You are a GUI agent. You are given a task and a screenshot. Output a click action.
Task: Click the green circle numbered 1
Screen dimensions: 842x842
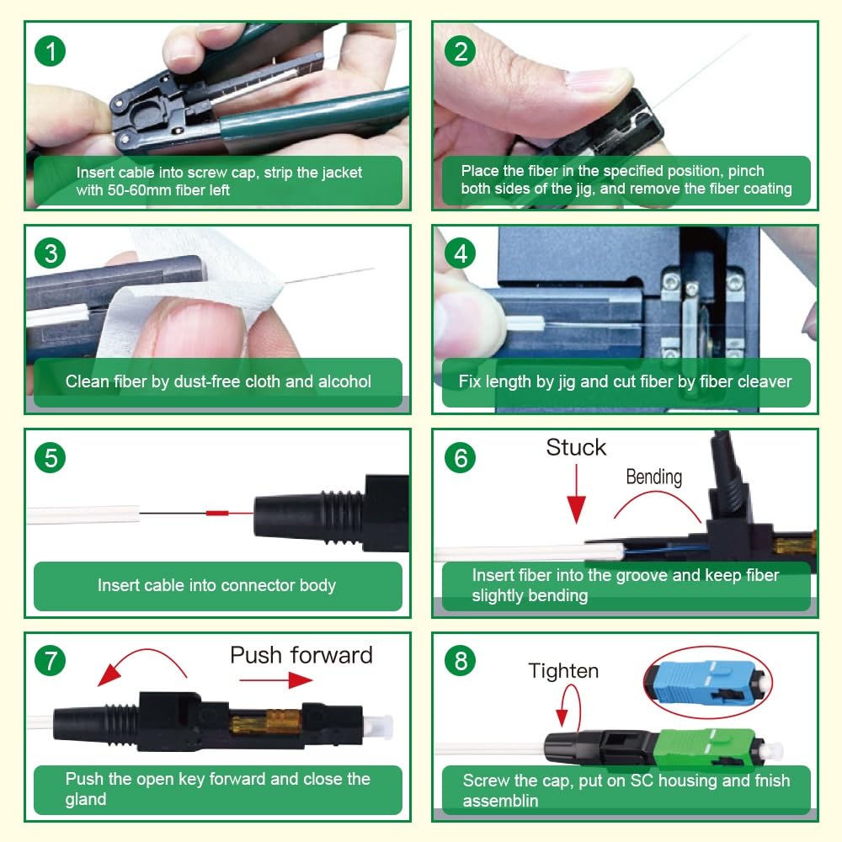pyautogui.click(x=50, y=51)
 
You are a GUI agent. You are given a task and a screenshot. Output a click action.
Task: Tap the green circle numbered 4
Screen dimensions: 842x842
pyautogui.click(x=461, y=253)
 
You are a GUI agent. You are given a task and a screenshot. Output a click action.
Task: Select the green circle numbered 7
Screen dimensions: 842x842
pyautogui.click(x=50, y=661)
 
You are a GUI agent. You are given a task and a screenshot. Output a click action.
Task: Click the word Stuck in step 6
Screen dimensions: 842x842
pyautogui.click(x=576, y=447)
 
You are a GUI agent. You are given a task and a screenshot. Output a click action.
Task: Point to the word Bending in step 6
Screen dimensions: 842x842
pyautogui.click(x=654, y=477)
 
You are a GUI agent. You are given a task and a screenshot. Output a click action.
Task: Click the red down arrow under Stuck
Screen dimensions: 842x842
pyautogui.click(x=576, y=493)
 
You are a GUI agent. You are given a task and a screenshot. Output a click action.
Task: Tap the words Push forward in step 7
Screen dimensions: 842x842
pyautogui.click(x=301, y=655)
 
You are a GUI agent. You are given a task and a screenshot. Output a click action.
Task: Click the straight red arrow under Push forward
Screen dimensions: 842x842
pyautogui.click(x=276, y=680)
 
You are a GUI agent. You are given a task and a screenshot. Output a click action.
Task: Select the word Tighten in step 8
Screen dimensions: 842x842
pyautogui.click(x=563, y=671)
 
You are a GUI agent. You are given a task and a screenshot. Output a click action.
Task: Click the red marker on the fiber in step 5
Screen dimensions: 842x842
pyautogui.click(x=217, y=513)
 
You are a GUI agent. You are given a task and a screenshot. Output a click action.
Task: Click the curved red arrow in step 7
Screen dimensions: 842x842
pyautogui.click(x=146, y=652)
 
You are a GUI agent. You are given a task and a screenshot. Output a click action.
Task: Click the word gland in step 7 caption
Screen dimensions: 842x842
pyautogui.click(x=86, y=800)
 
